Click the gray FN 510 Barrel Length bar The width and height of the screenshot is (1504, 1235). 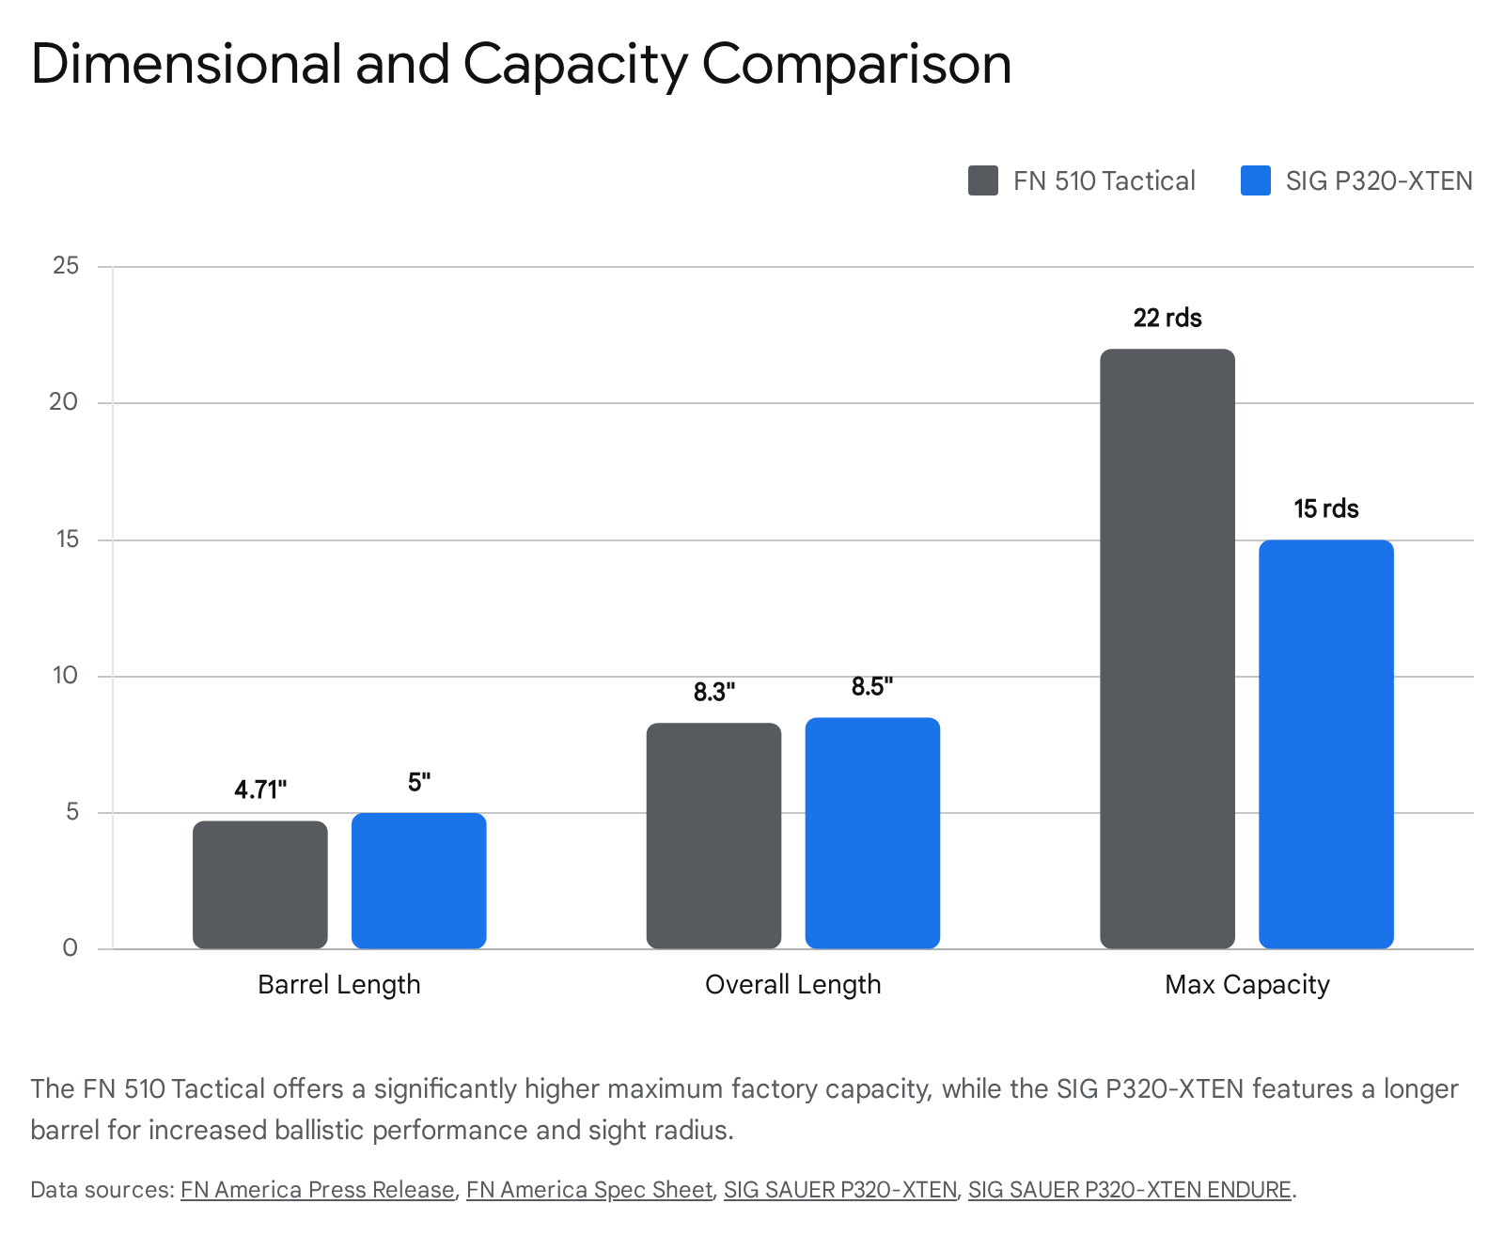tap(260, 884)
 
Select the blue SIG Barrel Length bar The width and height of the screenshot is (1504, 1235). tap(419, 881)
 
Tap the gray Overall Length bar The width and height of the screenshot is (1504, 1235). tap(713, 836)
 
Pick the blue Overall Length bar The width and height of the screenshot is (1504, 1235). tap(872, 833)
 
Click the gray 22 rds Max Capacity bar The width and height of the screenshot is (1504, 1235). tap(1167, 649)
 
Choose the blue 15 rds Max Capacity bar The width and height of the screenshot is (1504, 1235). tap(1325, 743)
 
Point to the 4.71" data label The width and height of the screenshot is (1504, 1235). tap(260, 789)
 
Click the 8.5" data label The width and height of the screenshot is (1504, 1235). tap(872, 687)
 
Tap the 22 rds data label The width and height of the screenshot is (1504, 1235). tap(1167, 318)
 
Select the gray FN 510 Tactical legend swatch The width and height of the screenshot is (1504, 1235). tap(983, 180)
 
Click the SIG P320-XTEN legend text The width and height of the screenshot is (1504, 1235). tap(1378, 180)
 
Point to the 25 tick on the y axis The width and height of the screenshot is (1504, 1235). tap(66, 266)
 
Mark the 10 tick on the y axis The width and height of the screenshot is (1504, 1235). tap(66, 676)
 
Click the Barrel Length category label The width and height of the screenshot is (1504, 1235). tap(339, 984)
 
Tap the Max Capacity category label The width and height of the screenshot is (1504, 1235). tap(1246, 984)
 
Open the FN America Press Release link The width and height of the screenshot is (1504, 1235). tap(318, 1190)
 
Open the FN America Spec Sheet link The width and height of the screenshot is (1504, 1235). tap(589, 1190)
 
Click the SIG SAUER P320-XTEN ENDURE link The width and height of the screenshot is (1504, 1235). tap(1129, 1190)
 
